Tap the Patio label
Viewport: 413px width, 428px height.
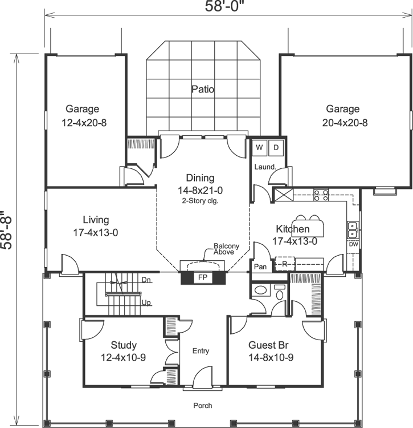click(203, 89)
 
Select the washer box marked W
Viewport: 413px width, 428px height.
click(259, 148)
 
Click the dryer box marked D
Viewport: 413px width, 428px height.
click(275, 148)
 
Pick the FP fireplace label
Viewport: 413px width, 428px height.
click(202, 278)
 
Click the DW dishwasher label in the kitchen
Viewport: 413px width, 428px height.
click(354, 244)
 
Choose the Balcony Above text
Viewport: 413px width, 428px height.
click(226, 249)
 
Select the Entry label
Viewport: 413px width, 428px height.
click(201, 350)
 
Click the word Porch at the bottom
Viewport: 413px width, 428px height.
click(202, 406)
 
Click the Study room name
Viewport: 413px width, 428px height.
click(124, 345)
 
